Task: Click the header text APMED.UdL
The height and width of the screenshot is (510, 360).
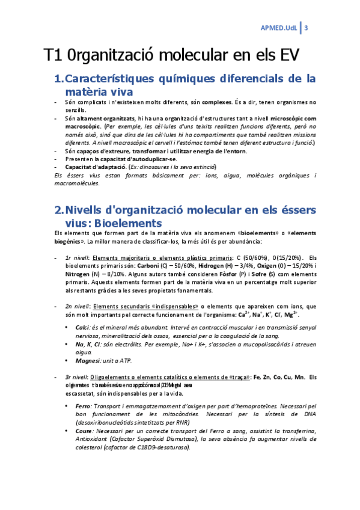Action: (278, 28)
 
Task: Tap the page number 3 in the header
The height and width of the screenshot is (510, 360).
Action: (307, 28)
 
